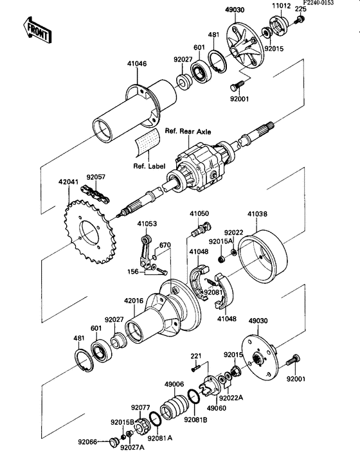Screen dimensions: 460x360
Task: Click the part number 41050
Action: pos(199,212)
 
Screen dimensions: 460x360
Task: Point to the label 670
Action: pos(165,245)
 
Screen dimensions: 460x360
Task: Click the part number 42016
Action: pos(134,299)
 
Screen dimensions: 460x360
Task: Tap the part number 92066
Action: pos(88,442)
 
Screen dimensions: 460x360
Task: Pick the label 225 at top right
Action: pos(300,9)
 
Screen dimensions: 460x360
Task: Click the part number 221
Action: pos(196,355)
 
